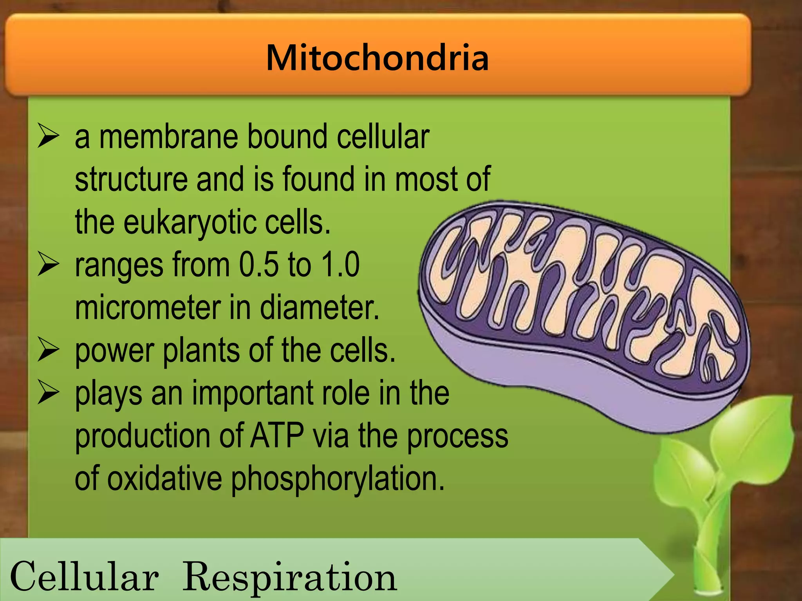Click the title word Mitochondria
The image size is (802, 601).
(x=377, y=58)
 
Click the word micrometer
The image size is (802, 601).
(x=148, y=308)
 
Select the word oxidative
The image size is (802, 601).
(x=164, y=478)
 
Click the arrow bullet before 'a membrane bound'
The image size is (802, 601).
(x=48, y=136)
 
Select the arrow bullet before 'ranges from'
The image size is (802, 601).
(x=48, y=265)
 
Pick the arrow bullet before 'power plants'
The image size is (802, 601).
(x=48, y=350)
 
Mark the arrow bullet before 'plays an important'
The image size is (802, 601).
(x=48, y=393)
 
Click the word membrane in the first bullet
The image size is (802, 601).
(x=168, y=137)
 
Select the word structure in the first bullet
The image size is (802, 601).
(x=131, y=179)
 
